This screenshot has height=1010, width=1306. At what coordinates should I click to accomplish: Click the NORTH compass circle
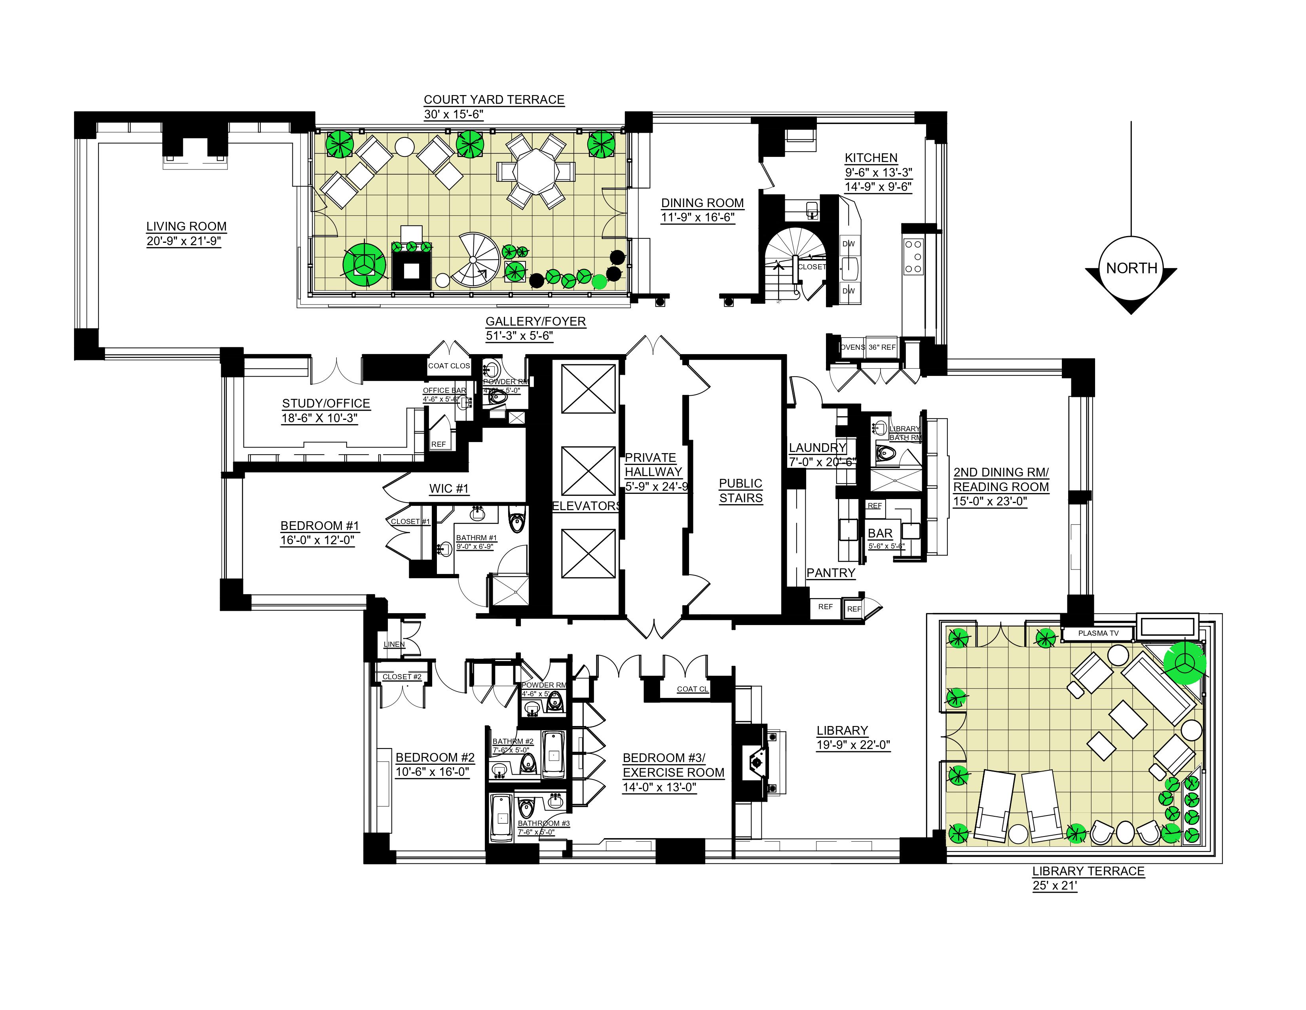tap(1131, 268)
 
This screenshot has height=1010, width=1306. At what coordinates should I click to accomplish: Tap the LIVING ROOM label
tap(186, 226)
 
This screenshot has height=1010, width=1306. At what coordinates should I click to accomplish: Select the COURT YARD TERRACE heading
tap(494, 99)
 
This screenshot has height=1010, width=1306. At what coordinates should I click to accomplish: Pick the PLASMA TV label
tap(1098, 633)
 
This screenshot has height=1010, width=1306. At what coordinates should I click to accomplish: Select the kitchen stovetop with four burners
tap(913, 256)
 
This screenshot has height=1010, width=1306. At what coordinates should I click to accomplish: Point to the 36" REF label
tap(882, 347)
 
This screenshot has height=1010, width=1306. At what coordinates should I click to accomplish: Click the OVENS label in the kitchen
tap(852, 347)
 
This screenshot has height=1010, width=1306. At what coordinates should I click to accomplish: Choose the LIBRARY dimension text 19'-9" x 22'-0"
tap(853, 745)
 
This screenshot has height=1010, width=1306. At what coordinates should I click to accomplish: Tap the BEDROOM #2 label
tap(435, 757)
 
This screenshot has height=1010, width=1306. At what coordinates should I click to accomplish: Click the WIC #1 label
tap(448, 488)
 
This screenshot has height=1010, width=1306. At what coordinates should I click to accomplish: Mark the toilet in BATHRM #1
tap(515, 522)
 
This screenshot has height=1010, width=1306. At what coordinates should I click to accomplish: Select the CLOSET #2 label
tap(402, 677)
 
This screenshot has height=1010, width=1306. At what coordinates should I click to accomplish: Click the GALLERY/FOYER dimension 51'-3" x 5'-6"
tap(519, 335)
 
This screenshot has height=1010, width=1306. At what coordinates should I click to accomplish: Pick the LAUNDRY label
tap(818, 448)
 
